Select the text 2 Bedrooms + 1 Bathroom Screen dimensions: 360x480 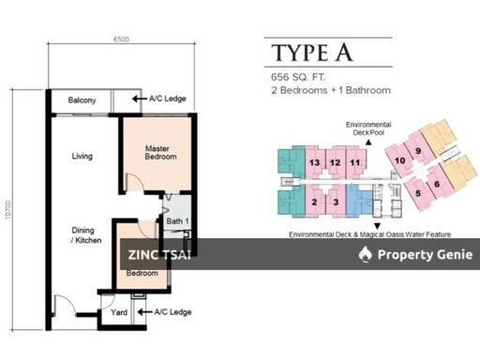(331, 91)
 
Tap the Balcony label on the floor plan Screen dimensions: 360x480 (81, 100)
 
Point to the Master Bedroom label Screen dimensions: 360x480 (160, 152)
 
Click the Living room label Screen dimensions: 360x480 (82, 156)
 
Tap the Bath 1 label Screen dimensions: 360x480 (177, 221)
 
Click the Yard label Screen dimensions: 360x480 (119, 312)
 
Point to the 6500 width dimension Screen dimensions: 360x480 (120, 39)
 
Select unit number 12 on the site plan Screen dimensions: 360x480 (335, 163)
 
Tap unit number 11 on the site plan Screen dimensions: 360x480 (354, 163)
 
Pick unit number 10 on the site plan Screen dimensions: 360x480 (400, 160)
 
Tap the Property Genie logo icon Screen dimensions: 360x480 (366, 254)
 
